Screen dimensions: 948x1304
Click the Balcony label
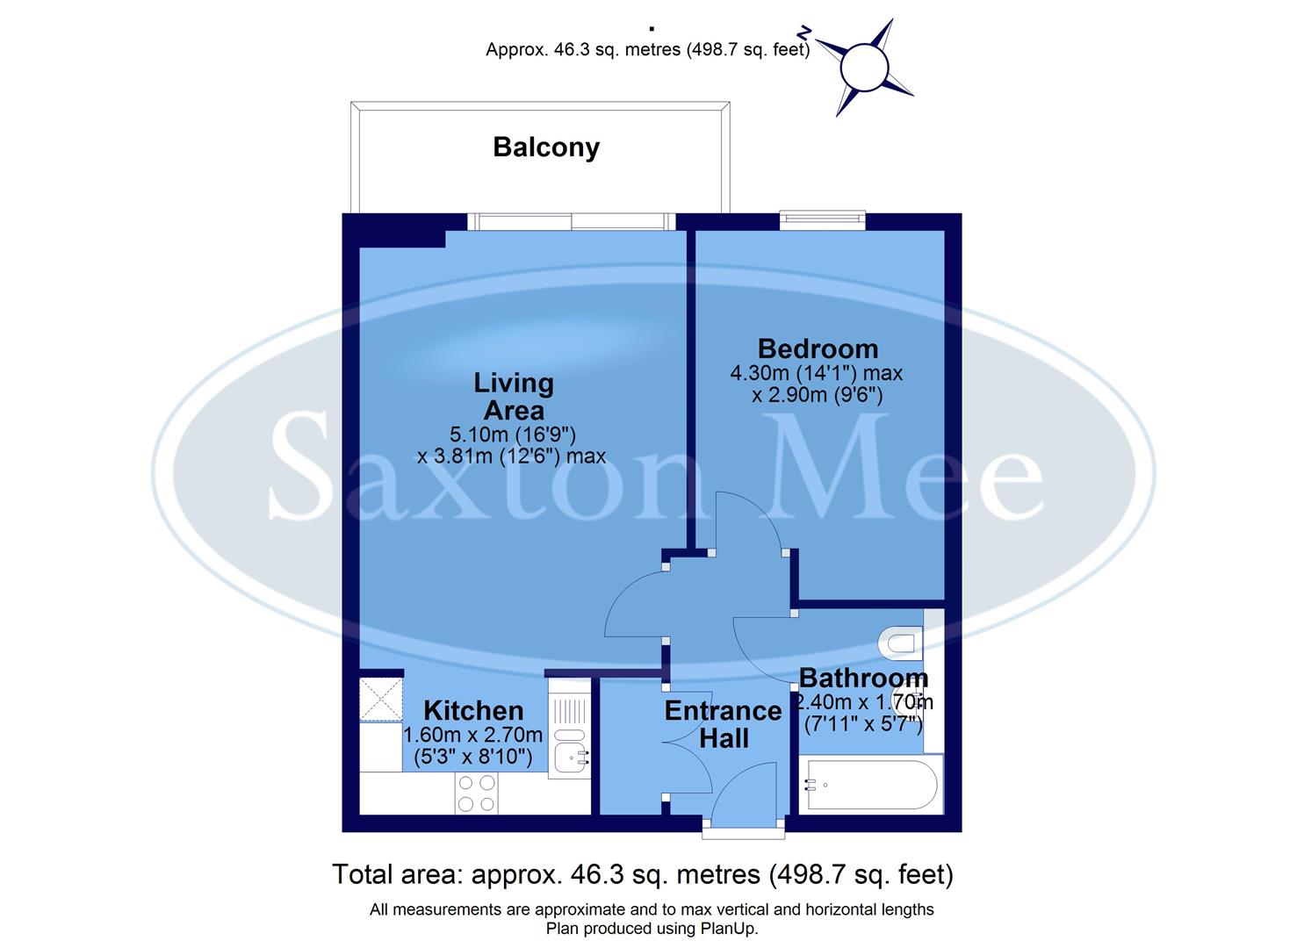[x=545, y=147]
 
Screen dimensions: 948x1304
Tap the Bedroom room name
[x=818, y=348]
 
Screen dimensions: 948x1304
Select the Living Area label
[x=514, y=397]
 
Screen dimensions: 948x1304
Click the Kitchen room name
[x=473, y=710]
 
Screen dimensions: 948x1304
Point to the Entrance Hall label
[x=723, y=724]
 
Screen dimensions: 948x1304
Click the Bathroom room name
[x=863, y=678]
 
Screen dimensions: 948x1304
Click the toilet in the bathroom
[x=901, y=643]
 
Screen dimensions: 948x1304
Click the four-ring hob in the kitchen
[x=476, y=794]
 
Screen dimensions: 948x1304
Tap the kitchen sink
[x=570, y=753]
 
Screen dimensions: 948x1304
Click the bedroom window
[x=822, y=220]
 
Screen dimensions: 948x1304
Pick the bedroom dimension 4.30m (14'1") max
[x=816, y=373]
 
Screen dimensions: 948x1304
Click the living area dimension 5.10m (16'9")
[x=512, y=434]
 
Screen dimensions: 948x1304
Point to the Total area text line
[x=642, y=874]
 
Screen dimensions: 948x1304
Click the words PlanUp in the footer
[x=728, y=929]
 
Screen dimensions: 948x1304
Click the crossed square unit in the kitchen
[x=381, y=699]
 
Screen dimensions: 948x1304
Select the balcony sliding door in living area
[x=571, y=221]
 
